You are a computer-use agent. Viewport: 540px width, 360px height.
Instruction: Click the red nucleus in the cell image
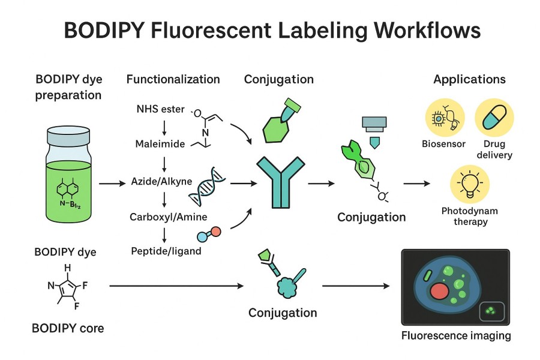pos(440,292)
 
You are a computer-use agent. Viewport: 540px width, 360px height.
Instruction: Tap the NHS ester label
pos(161,110)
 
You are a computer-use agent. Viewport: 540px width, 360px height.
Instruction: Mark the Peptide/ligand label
pos(166,251)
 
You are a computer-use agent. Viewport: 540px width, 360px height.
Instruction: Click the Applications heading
pos(469,79)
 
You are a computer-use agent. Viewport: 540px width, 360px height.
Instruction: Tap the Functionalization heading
pos(173,79)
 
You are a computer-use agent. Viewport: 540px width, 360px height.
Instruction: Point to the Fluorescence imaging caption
pos(455,335)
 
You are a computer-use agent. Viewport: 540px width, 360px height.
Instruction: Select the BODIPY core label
pos(68,328)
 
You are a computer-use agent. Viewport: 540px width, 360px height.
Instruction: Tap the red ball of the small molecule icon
pos(217,231)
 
